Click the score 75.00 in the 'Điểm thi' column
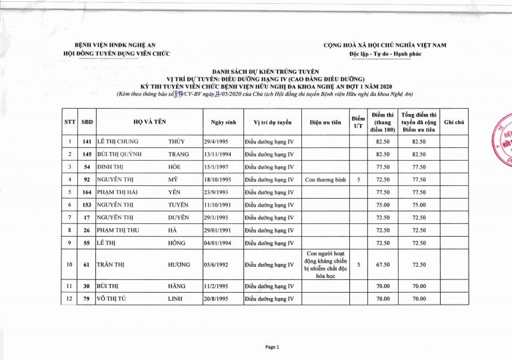[x=382, y=205]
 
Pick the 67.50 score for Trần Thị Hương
[x=382, y=265]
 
